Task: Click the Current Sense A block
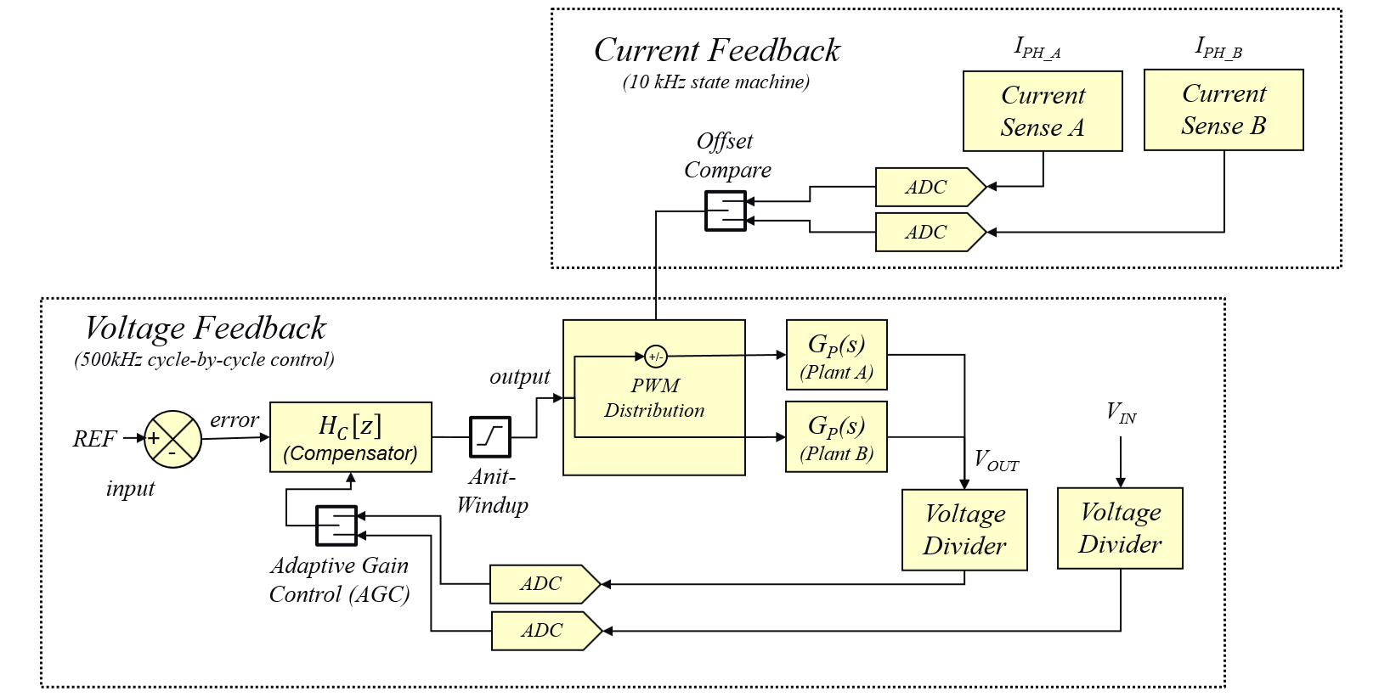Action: click(1042, 111)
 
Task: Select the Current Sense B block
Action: click(1223, 110)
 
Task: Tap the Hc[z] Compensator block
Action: click(350, 437)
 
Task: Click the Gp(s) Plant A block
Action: click(836, 355)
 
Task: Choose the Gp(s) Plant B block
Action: click(836, 436)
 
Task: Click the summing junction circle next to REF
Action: click(172, 440)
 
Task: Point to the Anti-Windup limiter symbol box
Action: click(490, 436)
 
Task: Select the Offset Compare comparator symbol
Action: click(725, 211)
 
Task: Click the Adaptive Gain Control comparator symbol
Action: click(336, 526)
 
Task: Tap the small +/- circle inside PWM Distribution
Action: click(655, 357)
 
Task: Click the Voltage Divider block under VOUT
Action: click(964, 530)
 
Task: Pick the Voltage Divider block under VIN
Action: click(1120, 528)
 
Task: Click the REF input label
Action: click(93, 439)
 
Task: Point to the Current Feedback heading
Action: click(716, 51)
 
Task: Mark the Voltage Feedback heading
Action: click(205, 328)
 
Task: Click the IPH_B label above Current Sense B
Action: click(1218, 48)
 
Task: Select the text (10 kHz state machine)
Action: click(715, 82)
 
